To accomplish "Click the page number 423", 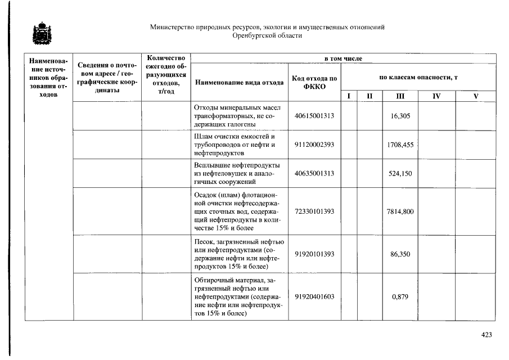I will point(487,335).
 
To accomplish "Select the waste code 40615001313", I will point(314,116).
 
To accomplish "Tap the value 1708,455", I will point(400,145).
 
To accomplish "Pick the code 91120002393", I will point(314,145).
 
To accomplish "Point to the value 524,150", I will point(400,173).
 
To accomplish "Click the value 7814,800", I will point(400,211).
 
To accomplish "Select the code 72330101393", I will point(314,211).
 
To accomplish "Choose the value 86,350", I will point(400,254).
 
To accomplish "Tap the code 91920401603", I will point(314,297).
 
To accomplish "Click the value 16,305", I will point(400,116).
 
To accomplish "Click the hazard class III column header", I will point(400,96).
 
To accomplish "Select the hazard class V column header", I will point(475,96).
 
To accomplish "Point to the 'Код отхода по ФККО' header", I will point(314,82).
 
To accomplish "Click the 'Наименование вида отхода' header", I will point(239,83).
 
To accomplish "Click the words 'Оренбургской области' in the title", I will point(267,35).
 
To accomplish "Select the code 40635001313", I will point(314,173).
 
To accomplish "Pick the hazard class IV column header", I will point(436,96).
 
